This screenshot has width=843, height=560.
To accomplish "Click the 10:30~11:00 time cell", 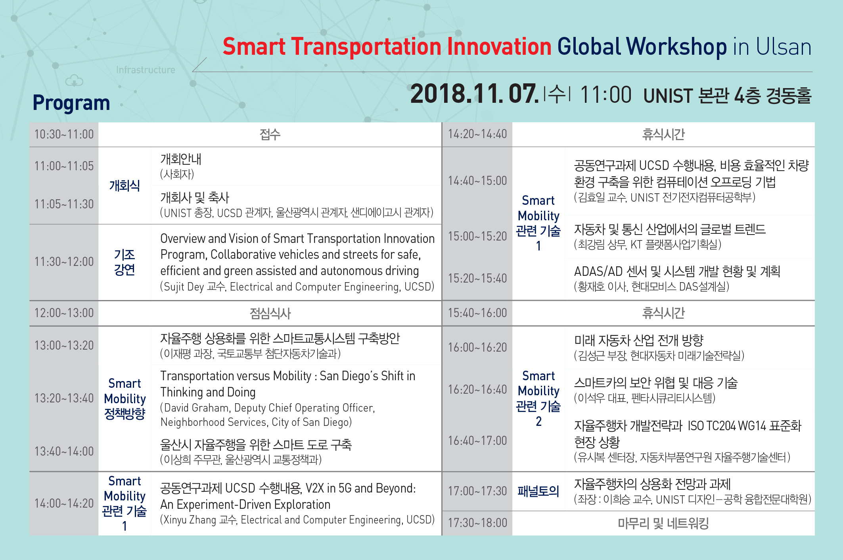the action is tap(64, 134).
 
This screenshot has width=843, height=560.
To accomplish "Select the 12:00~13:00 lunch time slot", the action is tap(64, 313).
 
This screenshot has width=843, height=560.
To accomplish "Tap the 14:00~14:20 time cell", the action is tap(64, 503).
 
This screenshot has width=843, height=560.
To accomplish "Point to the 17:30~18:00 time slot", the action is tap(477, 523).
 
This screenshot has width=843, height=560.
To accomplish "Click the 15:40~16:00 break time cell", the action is tap(477, 313).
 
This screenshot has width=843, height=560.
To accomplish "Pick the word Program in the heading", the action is tap(71, 103).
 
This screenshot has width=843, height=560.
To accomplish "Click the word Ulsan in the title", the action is tap(784, 47).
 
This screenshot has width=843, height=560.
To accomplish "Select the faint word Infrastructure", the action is tap(146, 70).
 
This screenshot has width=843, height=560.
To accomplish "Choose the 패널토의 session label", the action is tap(538, 491).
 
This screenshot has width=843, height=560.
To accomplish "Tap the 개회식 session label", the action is tap(125, 185).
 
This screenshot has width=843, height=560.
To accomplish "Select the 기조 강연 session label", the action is tap(125, 262).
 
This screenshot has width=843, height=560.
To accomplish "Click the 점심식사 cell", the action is tap(270, 314).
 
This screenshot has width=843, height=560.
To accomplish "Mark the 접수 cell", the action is tap(270, 135).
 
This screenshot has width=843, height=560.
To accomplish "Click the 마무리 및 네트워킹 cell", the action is tap(663, 523).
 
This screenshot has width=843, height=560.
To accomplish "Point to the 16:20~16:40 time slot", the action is tap(477, 389).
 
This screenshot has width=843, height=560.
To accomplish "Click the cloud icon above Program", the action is tap(74, 81).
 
